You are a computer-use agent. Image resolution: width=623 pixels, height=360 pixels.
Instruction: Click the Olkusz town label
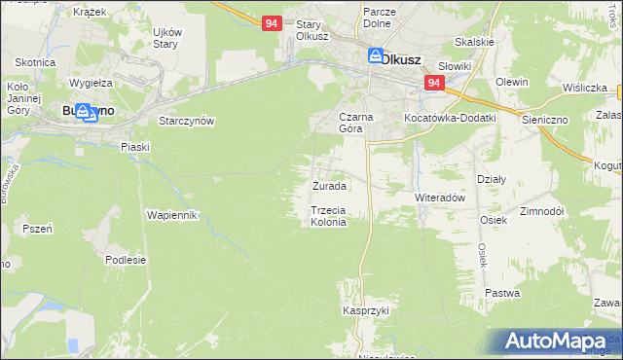coord(401,59)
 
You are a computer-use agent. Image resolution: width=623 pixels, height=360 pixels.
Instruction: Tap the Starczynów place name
coord(186,121)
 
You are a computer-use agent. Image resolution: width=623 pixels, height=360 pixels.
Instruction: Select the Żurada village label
coord(328,185)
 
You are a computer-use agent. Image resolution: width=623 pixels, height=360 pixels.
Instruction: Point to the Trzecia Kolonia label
coord(328,216)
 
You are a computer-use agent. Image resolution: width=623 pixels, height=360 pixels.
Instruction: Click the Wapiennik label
coord(172,214)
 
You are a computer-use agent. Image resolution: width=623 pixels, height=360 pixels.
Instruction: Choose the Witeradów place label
coord(443,196)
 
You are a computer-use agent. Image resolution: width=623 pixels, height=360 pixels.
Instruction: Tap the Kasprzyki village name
coord(365,310)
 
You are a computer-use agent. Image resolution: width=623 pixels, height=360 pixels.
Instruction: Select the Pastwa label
coord(502,293)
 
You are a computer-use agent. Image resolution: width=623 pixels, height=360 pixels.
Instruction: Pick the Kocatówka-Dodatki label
coord(451,118)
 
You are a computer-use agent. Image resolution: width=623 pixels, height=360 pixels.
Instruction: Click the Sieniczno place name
coord(571,118)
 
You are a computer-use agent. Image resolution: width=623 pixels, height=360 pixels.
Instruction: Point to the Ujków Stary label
coord(166,37)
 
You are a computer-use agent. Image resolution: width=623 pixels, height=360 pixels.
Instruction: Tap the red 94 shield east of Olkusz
coord(434,84)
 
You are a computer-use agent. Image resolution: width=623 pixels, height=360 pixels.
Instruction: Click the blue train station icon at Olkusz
coord(375,57)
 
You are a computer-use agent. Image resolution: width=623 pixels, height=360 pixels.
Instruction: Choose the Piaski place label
coord(134,147)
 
